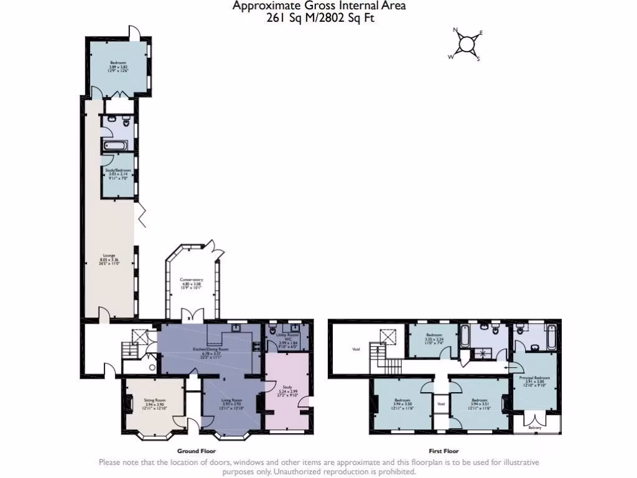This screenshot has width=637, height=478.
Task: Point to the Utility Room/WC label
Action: [x=287, y=339]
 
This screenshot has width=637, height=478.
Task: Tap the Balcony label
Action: [x=535, y=428]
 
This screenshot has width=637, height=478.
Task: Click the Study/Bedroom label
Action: [x=118, y=171]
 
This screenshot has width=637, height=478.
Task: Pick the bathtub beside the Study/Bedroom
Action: [x=115, y=146]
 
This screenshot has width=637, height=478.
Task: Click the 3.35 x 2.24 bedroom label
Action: [x=434, y=338]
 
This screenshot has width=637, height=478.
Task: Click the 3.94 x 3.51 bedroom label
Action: [x=479, y=403]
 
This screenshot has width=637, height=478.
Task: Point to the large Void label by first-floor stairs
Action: [x=356, y=349]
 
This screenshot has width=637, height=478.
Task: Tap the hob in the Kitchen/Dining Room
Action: [x=255, y=347]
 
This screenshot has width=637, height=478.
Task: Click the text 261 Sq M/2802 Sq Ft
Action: [x=320, y=18]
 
